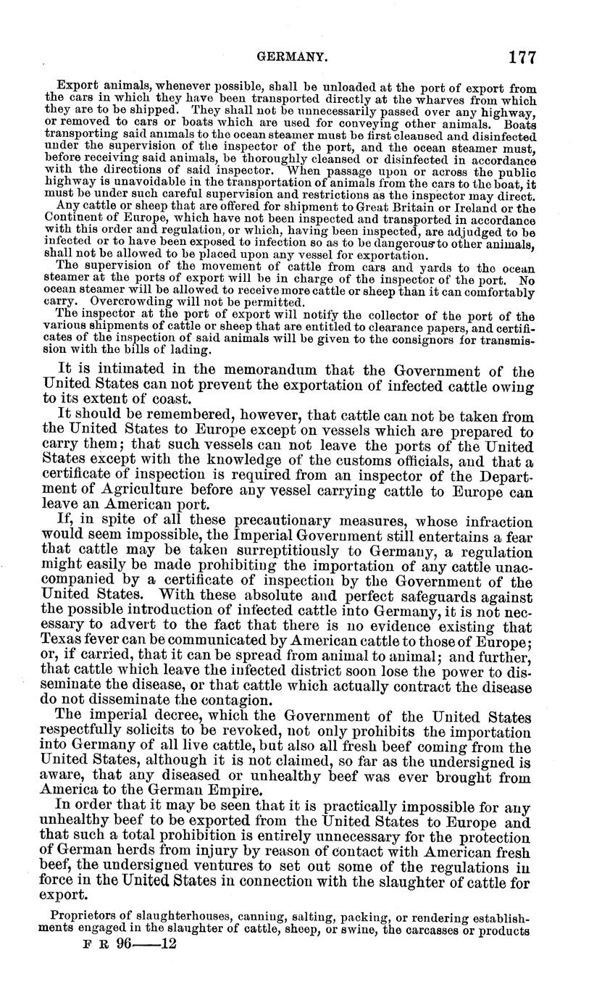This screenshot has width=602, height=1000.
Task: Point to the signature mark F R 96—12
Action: [127, 946]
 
